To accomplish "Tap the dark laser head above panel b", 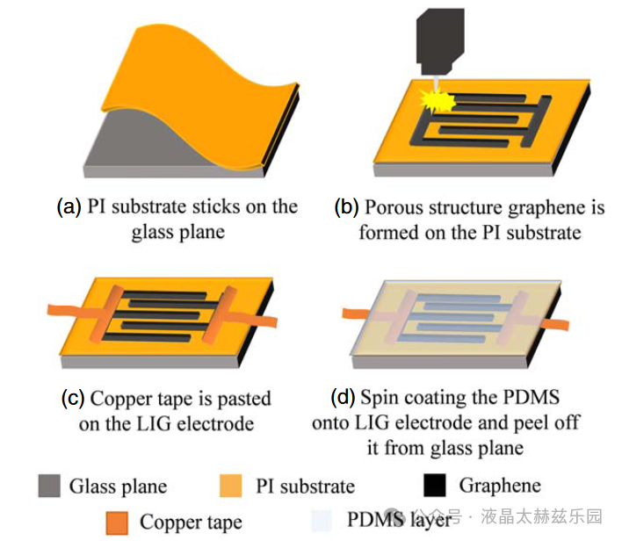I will [x=438, y=36].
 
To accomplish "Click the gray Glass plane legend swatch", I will [x=49, y=486].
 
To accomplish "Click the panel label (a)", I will [x=69, y=207].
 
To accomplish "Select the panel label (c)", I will [x=72, y=398].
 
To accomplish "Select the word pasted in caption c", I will [x=244, y=399].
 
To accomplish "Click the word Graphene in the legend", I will [x=500, y=485].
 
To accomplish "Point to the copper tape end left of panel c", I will [x=61, y=310].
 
